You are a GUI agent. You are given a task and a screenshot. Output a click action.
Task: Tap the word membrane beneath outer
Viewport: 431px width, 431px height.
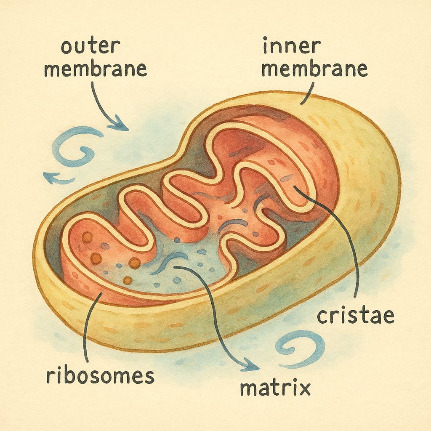[x=96, y=69]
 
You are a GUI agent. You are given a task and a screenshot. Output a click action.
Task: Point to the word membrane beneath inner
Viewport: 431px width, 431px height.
[x=314, y=69]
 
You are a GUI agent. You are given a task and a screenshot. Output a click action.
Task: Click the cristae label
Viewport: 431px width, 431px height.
[x=355, y=315]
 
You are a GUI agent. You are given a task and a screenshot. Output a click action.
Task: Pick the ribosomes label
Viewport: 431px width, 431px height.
[x=100, y=375]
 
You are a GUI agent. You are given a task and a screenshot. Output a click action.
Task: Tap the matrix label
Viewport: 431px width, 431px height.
[x=275, y=388]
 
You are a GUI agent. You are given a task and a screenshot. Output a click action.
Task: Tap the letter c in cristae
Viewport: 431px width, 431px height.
[x=322, y=316]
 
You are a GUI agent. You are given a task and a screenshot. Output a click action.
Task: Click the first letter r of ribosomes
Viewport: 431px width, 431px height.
[x=50, y=376]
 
